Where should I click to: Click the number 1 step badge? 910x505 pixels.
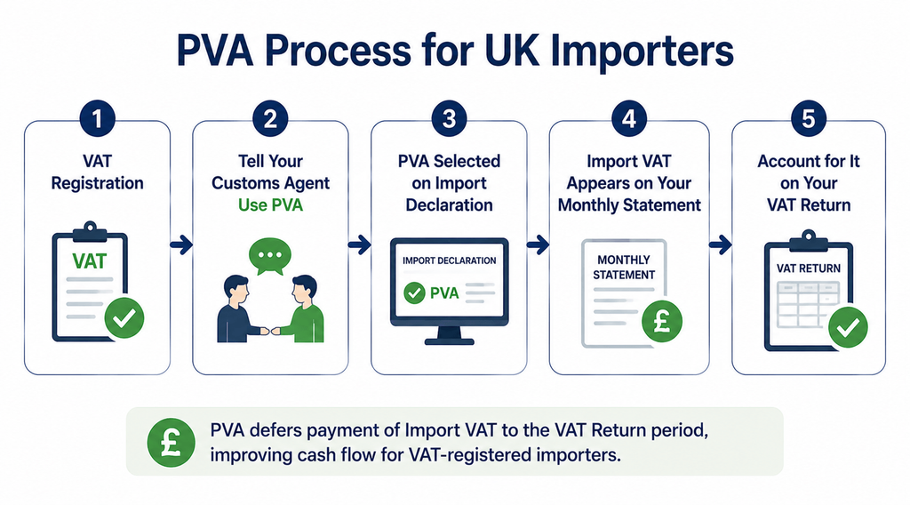[97, 118]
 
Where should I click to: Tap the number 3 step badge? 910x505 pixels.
[449, 118]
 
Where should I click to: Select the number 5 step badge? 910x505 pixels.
[809, 118]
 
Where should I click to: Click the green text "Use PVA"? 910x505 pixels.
[270, 204]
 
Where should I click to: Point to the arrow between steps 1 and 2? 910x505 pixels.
[181, 245]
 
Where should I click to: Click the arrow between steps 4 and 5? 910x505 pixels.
[720, 245]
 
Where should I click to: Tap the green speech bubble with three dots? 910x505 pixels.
[270, 256]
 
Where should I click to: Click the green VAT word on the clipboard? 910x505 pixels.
[90, 261]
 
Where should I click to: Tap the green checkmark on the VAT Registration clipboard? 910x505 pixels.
[124, 317]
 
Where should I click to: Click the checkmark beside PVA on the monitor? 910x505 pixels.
[414, 293]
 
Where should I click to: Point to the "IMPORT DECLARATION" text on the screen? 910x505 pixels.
[449, 261]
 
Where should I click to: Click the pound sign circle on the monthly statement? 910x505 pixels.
[662, 322]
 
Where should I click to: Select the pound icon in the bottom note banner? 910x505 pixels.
[171, 442]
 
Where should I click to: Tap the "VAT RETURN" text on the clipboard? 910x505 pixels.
[809, 269]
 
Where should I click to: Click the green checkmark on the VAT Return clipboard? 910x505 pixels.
[848, 327]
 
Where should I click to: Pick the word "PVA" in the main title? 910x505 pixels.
[215, 51]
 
